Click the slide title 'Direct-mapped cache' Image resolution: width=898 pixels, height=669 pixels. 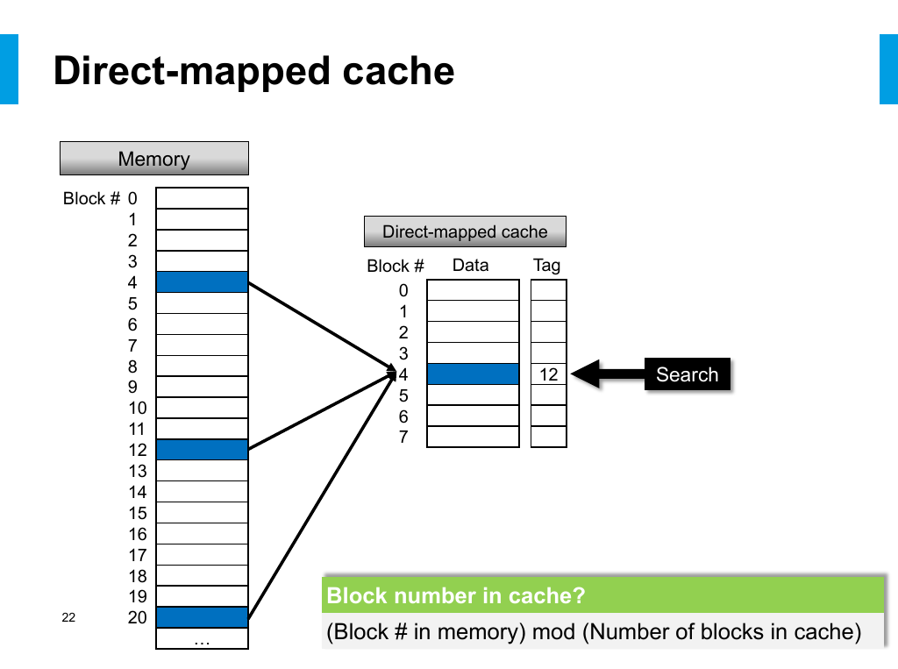pos(253,71)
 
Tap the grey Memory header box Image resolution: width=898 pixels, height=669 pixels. pos(154,158)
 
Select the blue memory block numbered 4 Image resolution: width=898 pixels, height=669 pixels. pos(203,281)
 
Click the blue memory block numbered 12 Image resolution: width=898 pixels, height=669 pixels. pos(203,450)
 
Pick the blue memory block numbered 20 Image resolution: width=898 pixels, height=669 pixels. pos(203,617)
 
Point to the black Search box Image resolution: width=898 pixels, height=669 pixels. pos(688,374)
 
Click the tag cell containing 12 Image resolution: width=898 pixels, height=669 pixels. pos(549,374)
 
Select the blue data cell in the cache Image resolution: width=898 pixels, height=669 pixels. pos(473,374)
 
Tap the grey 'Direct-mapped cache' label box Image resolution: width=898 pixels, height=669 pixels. pos(465,231)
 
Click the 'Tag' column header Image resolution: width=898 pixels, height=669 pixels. pos(547,265)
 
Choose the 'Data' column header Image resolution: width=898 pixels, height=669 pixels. pos(471,265)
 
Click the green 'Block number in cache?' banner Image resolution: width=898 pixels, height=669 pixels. pos(603,595)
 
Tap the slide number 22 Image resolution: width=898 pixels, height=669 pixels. pos(68,617)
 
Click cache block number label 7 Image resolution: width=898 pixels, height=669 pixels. pos(403,437)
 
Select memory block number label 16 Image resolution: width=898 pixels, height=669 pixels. pos(138,534)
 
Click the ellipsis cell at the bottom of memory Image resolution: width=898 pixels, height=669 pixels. pos(203,638)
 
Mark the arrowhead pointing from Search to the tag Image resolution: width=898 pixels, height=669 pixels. pos(585,374)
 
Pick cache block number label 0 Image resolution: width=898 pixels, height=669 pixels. pos(403,290)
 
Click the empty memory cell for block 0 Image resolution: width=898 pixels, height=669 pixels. pos(203,198)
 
